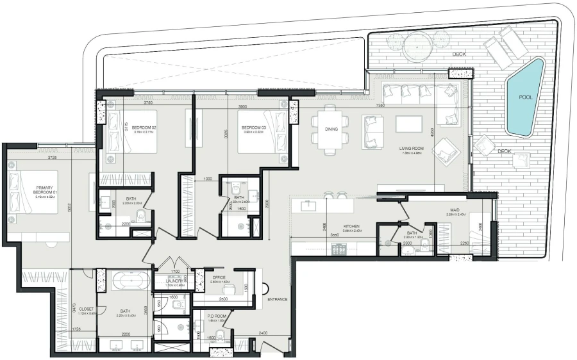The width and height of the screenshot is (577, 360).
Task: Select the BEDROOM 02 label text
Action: pyautogui.click(x=146, y=127)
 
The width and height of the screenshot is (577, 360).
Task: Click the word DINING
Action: pyautogui.click(x=331, y=129)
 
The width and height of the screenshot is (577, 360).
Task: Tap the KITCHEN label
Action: pyautogui.click(x=351, y=226)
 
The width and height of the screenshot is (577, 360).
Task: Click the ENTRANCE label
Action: pyautogui.click(x=278, y=299)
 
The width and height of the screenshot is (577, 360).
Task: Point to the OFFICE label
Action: pyautogui.click(x=218, y=277)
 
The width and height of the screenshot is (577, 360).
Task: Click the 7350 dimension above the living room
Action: pyautogui.click(x=380, y=105)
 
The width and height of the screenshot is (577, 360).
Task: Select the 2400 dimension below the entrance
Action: pyautogui.click(x=262, y=333)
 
